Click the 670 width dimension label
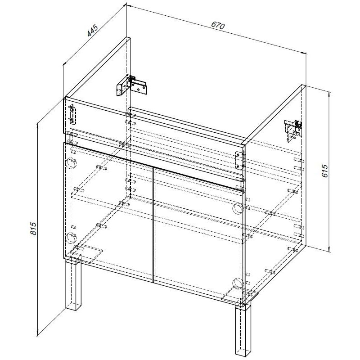coord(218,25)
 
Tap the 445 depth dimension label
coord(93,30)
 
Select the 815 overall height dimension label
coord(33,228)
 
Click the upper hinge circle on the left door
coord(72,163)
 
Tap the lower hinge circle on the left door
coord(72,238)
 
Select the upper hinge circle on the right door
coord(238,208)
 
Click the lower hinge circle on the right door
coord(238,283)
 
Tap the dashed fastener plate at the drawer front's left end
coord(72,115)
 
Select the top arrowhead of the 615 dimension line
coord(330,94)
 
